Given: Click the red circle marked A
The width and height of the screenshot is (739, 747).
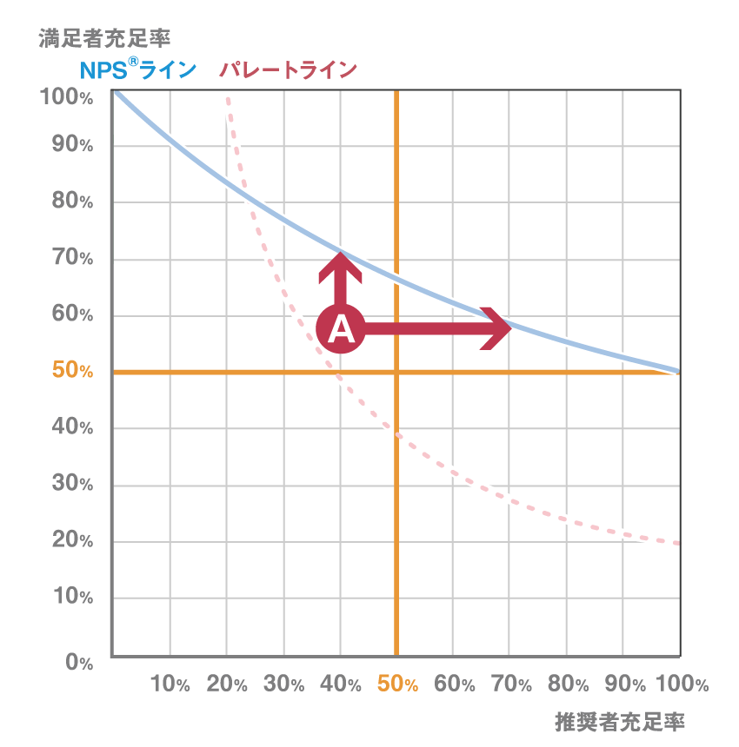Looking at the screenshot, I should point(341,329).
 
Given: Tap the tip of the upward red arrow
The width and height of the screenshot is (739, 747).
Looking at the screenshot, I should point(340,252).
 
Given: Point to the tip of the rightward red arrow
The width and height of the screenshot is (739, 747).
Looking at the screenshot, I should point(510,328).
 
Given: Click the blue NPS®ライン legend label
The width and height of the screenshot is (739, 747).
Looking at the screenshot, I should point(138,70).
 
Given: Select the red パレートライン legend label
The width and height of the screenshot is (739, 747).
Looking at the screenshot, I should point(288,70).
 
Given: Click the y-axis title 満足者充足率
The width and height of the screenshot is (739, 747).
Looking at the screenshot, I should point(103,38).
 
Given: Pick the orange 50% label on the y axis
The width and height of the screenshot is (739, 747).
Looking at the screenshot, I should point(72,371).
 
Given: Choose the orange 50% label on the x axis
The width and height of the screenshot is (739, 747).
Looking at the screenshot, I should point(397,684).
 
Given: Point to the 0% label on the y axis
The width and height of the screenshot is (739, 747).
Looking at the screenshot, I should point(78,663).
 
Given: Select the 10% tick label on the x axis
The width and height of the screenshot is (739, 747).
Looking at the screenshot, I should point(170,684).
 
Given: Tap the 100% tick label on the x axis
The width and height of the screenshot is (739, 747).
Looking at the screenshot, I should point(682,684).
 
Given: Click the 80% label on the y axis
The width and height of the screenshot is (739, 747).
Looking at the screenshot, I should point(72,202).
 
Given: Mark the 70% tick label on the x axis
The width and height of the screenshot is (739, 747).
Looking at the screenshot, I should point(511,684).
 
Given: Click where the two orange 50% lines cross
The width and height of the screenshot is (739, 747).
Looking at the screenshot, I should point(396,372).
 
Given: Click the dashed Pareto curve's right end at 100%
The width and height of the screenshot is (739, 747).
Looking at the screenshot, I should point(680,543).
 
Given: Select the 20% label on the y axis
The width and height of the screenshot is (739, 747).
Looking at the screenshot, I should point(72,540).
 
